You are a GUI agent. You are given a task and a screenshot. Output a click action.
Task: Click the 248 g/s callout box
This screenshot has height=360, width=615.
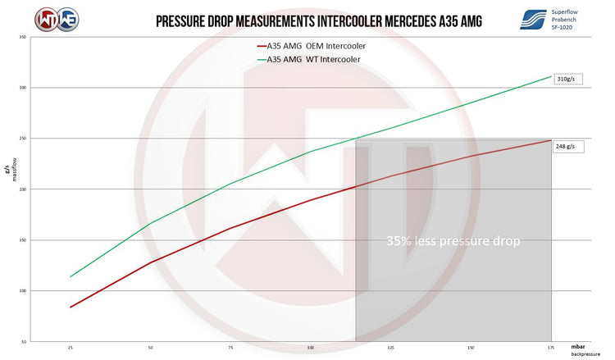coord(566,147)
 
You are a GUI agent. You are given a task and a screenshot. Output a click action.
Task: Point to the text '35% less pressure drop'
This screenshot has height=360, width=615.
coord(453,242)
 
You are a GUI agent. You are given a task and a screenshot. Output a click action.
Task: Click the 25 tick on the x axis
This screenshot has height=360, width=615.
coord(71,349)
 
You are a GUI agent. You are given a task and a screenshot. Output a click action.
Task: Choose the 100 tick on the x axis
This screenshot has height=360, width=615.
coord(311,349)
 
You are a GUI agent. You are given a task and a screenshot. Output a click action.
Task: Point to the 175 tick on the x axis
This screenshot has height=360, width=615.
coord(551,349)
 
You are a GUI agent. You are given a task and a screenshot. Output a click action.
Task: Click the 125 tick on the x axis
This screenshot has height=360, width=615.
coord(391,349)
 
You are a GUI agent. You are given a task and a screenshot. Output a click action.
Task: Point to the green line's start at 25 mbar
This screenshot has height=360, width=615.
coord(71,276)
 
